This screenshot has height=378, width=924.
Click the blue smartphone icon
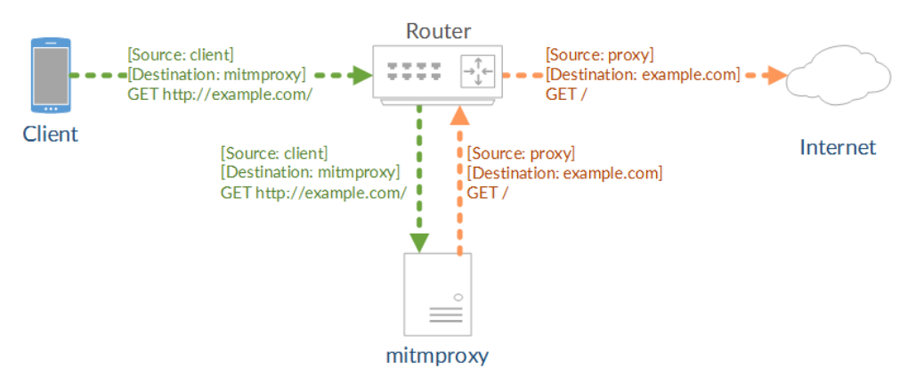click(51, 76)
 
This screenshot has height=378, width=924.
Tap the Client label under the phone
click(50, 135)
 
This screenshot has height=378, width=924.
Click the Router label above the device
click(439, 30)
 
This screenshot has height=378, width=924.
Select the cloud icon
click(839, 77)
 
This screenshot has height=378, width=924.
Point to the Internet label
click(838, 147)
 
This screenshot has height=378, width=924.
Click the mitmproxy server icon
click(438, 294)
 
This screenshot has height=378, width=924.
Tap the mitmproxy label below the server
click(437, 357)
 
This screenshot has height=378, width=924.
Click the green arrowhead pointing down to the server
click(419, 242)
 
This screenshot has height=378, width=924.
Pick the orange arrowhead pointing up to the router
click(461, 117)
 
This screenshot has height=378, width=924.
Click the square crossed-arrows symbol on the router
click(477, 71)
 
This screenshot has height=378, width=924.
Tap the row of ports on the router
click(414, 71)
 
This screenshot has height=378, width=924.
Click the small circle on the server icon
click(458, 297)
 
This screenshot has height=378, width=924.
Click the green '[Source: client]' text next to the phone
click(181, 55)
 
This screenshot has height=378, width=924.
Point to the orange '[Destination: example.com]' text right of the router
click(643, 74)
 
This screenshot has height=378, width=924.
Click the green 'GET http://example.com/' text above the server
click(313, 193)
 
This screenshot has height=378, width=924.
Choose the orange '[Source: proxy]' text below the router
click(521, 153)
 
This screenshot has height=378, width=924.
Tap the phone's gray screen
click(51, 76)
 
